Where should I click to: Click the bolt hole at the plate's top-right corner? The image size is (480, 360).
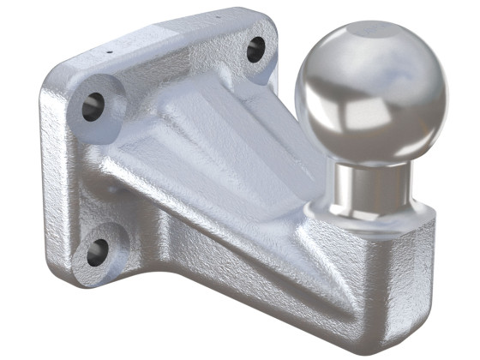coord(255,50)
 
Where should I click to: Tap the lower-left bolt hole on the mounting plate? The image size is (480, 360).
coord(97,251)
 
